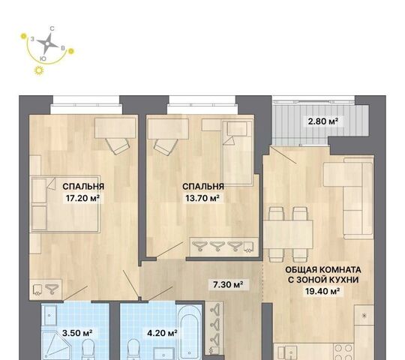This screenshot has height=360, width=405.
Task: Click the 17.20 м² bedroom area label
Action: coord(83,198)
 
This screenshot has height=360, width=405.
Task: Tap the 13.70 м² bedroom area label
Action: coord(202,198)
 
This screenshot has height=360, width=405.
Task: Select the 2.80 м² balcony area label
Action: coord(323,121)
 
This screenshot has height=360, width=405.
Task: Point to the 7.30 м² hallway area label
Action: coord(228,284)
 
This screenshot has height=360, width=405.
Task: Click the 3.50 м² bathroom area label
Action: coord(77,333)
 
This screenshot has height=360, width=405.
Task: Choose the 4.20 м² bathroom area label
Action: coord(162,333)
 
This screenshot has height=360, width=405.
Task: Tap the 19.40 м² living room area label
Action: coord(322,291)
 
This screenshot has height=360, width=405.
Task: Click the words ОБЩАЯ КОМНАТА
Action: coord(323,270)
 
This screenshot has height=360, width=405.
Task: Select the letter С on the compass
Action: coord(52,28)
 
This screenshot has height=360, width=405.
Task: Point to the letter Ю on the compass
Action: coord(43,59)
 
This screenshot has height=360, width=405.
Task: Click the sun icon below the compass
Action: coord(39,70)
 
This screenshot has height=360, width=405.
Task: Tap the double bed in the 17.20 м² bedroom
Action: coord(65,204)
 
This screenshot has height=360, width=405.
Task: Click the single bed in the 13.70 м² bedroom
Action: coord(237,152)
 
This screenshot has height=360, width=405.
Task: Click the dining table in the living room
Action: coord(288,234)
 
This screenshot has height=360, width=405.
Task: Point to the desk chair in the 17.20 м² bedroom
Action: coord(117,146)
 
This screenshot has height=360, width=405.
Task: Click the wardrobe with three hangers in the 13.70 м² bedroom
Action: coord(224,247)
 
